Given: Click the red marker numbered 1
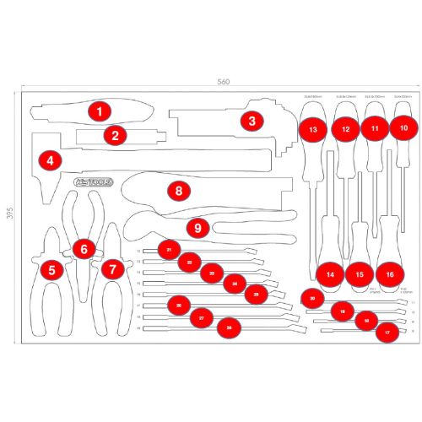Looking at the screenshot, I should pyautogui.click(x=100, y=111).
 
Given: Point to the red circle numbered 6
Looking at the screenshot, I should pyautogui.click(x=84, y=248).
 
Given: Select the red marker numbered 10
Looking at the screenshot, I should pyautogui.click(x=404, y=128).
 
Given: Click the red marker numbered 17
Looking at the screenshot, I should pyautogui.click(x=387, y=333).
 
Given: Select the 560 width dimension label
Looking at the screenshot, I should pyautogui.click(x=223, y=82).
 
